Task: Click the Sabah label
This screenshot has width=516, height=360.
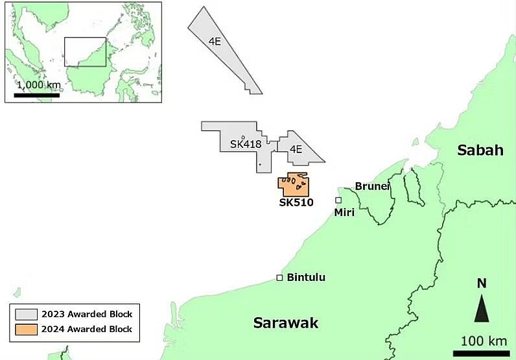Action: [x=480, y=150]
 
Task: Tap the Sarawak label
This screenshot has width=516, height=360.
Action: [x=286, y=322]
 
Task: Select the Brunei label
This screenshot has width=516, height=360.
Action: [x=373, y=186]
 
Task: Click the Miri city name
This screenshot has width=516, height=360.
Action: [x=344, y=212]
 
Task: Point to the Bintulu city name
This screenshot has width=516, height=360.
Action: [x=306, y=278]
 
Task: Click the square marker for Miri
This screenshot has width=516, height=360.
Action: [x=338, y=200]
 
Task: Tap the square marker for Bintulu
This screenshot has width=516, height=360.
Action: [x=279, y=278]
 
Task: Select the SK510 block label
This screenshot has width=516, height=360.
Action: [x=296, y=202]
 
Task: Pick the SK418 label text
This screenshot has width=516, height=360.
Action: [x=245, y=144]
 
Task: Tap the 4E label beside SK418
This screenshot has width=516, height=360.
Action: [x=296, y=149]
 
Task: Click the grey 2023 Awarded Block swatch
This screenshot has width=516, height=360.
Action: [x=27, y=314]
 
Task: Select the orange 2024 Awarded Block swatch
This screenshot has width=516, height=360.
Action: [x=27, y=329]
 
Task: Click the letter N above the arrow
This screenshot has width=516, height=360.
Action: [x=481, y=283]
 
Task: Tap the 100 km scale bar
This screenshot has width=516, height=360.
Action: [x=480, y=354]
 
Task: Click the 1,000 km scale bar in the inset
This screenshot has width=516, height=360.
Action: [x=36, y=95]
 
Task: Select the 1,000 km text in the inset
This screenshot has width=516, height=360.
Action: [x=39, y=86]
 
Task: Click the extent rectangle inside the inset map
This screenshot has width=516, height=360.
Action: [x=85, y=51]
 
